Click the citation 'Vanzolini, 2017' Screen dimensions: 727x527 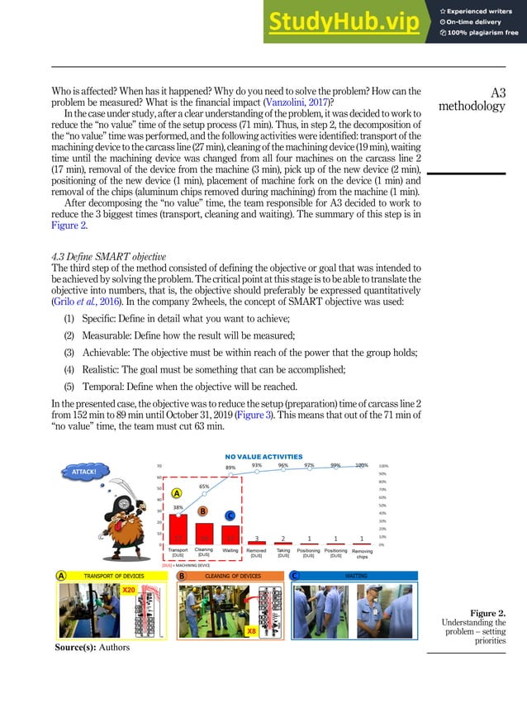pos(295,102)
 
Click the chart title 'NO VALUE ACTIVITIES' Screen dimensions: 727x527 pos(263,456)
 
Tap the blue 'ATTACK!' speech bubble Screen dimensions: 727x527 pos(86,472)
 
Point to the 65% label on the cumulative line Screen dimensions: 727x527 pos(205,487)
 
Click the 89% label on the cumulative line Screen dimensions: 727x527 pos(230,468)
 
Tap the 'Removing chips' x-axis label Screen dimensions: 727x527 pos(362,554)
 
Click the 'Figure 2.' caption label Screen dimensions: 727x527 pos(488,613)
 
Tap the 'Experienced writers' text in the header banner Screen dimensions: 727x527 pos(483,10)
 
